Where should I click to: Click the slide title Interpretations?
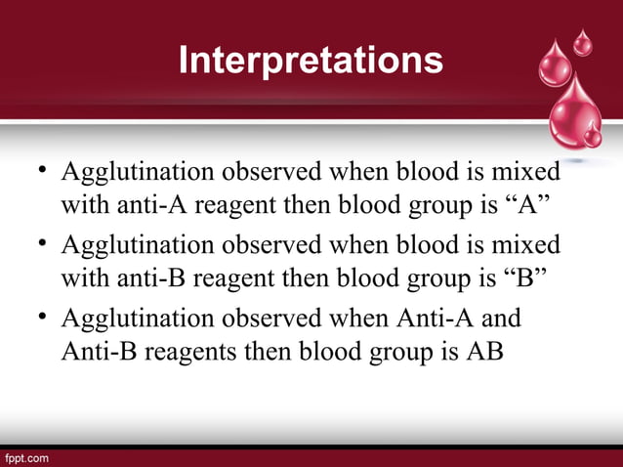pos(311,61)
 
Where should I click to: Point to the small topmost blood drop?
pos(582,42)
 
